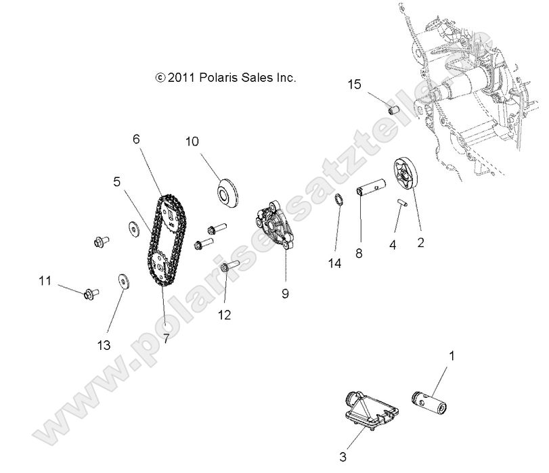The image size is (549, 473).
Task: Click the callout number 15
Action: pos(355,85)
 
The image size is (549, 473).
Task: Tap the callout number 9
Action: pos(285,294)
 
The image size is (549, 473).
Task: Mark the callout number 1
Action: pos(453,354)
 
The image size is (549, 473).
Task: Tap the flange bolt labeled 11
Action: pos(91,294)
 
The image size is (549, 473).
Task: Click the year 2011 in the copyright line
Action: pos(181,78)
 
